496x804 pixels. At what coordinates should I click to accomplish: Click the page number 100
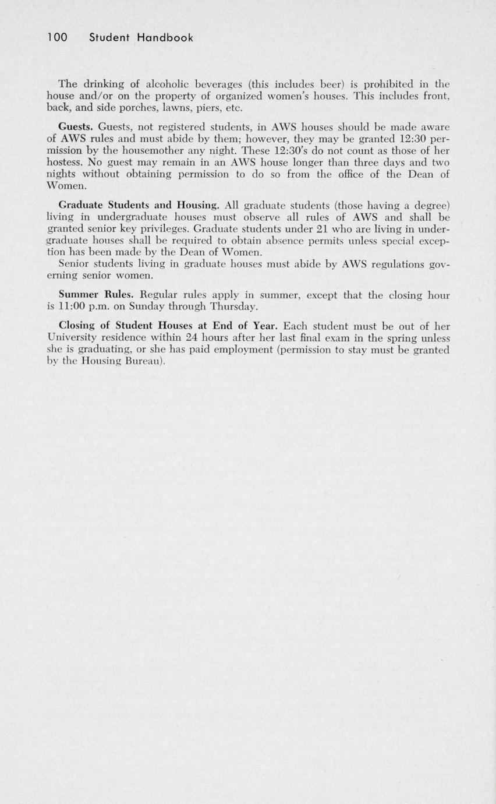(58, 38)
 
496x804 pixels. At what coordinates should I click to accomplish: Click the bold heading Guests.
(77, 126)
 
